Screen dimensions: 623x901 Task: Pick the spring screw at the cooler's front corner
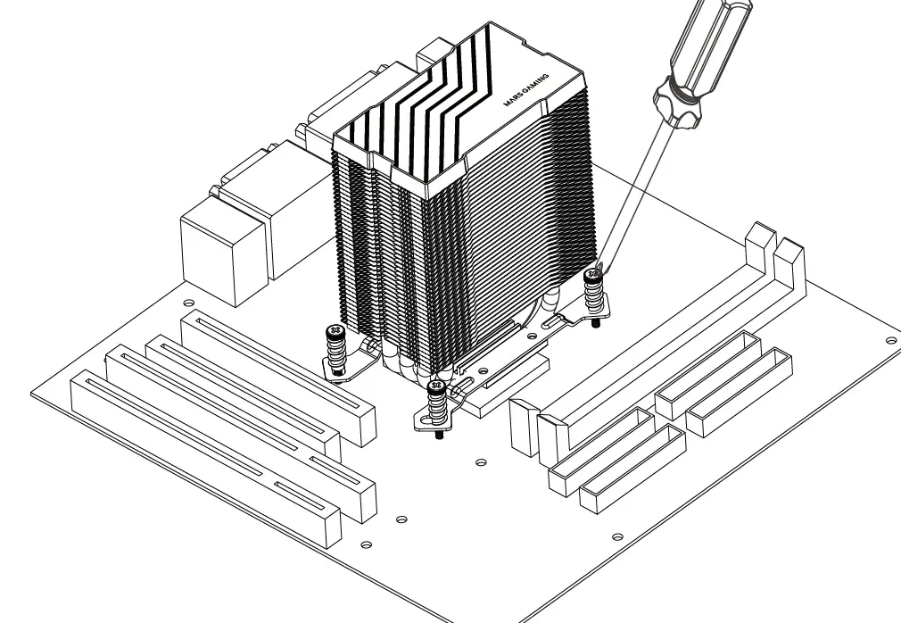(436, 403)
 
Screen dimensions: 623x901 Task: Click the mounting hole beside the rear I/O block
(188, 301)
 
